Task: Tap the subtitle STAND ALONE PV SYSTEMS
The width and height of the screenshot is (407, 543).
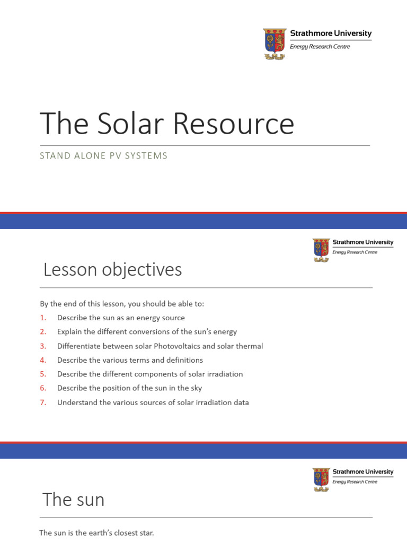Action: click(104, 156)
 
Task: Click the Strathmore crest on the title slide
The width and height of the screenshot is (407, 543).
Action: click(275, 43)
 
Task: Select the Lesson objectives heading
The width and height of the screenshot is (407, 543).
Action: click(112, 270)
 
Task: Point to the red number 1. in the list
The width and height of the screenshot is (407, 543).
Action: click(43, 318)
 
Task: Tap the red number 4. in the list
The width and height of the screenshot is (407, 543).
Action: click(43, 360)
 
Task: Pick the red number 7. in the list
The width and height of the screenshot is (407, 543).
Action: click(43, 402)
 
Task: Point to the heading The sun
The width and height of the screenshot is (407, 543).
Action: click(74, 500)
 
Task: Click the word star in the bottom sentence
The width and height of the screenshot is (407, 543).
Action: click(145, 533)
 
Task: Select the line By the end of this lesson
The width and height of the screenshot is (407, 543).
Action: click(122, 304)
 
